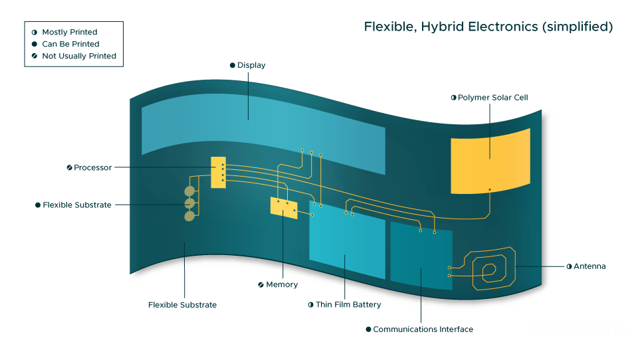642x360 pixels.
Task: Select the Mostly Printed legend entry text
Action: click(x=70, y=32)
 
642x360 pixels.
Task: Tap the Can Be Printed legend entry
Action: click(x=70, y=44)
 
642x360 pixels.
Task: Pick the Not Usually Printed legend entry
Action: click(x=79, y=56)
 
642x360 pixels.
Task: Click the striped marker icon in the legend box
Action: click(x=35, y=56)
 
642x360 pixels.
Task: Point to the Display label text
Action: click(x=251, y=65)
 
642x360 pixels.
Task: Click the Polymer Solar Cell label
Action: click(x=492, y=98)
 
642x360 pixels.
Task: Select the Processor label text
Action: click(x=92, y=167)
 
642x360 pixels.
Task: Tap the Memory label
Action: click(x=282, y=284)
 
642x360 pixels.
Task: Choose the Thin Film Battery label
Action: click(x=348, y=304)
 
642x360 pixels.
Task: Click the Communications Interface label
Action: click(x=423, y=329)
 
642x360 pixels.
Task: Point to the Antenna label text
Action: click(x=589, y=266)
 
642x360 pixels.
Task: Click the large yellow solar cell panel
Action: click(x=490, y=161)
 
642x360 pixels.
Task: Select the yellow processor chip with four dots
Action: click(x=218, y=172)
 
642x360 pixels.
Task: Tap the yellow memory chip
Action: click(x=284, y=208)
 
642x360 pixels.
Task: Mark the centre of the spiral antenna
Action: click(x=489, y=270)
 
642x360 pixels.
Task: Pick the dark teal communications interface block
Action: click(x=421, y=255)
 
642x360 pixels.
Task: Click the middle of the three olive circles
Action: click(x=189, y=203)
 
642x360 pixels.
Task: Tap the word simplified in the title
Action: click(x=578, y=27)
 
